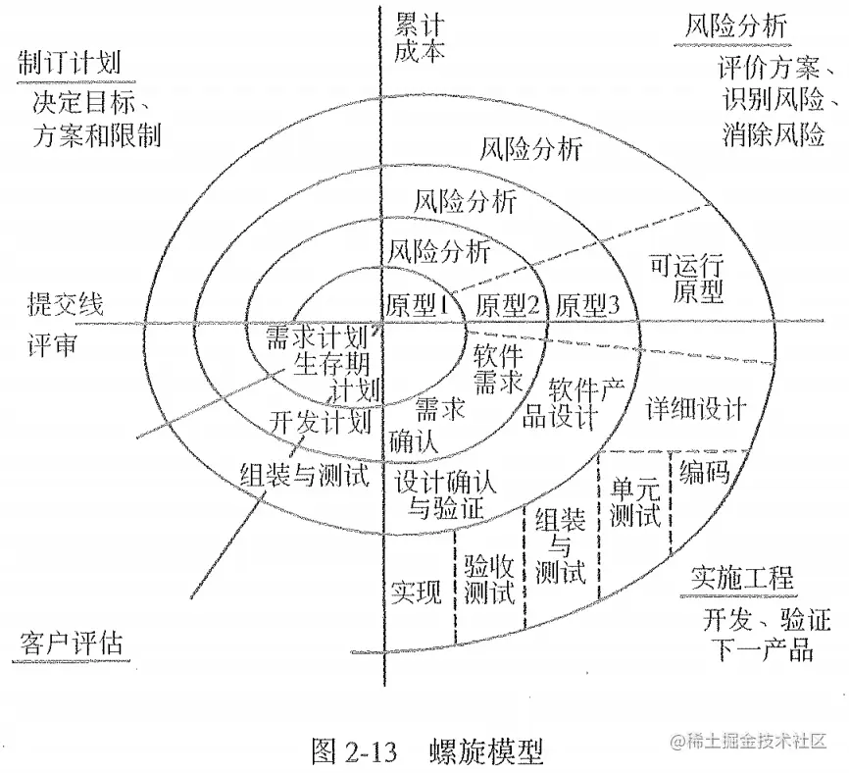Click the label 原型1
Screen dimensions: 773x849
tap(418, 303)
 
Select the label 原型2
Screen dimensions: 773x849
tap(508, 305)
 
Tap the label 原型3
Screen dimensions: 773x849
tap(587, 305)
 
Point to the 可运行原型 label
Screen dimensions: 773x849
tap(687, 277)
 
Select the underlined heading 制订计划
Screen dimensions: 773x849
tap(70, 62)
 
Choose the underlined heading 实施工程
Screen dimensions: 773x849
tap(741, 578)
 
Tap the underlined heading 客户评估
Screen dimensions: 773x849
tap(72, 644)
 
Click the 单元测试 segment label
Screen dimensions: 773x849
tap(634, 500)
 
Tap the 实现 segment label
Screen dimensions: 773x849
tap(416, 592)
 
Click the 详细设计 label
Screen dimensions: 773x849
tap(697, 408)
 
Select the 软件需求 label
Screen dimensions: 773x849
tap(499, 367)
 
